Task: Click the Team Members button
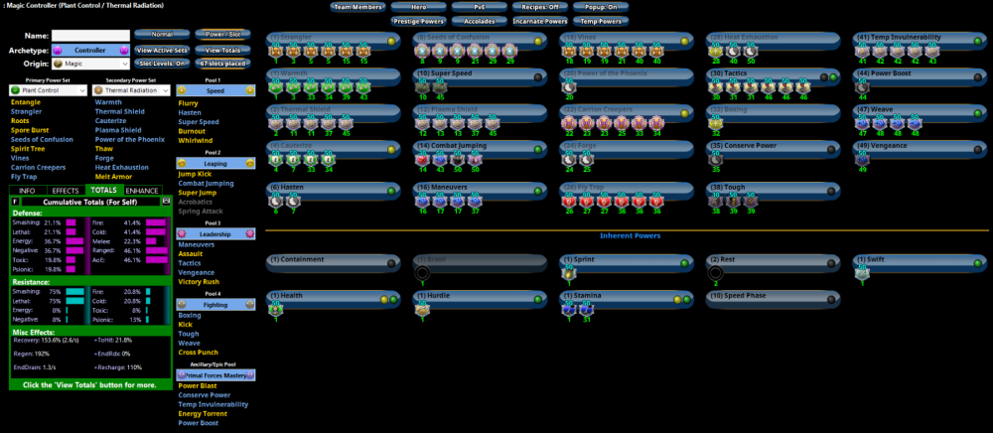357,7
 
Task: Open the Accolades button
479,20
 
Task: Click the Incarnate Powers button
541,20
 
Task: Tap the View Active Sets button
161,49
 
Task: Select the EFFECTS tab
66,190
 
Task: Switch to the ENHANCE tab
142,190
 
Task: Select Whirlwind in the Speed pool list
198,139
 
